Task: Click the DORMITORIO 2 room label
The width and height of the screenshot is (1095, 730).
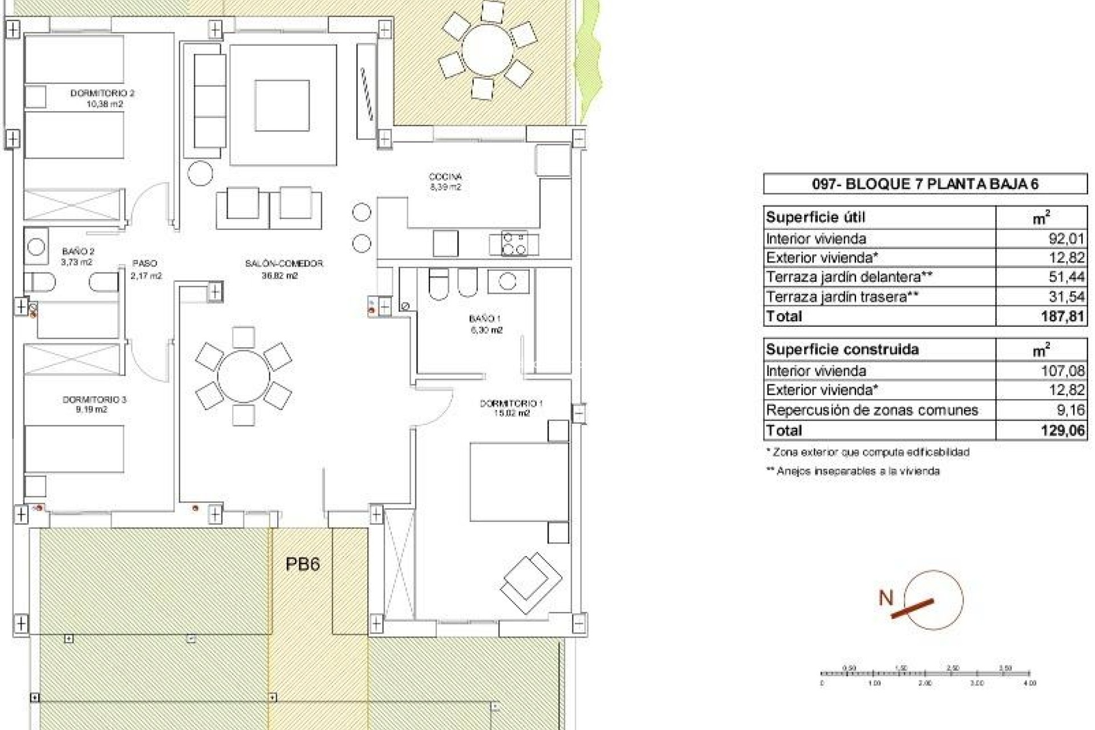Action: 103,93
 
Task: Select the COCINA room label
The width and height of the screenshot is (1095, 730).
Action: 445,177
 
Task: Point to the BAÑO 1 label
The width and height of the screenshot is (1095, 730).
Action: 485,319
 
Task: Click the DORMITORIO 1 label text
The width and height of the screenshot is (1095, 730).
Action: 511,403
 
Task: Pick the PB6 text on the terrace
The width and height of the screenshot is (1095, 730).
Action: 302,564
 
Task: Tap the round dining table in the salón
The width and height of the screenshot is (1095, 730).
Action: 244,376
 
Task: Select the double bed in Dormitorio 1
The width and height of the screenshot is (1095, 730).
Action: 519,482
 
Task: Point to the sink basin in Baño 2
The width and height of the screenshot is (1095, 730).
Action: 36,247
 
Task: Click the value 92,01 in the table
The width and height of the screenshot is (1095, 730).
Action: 1066,238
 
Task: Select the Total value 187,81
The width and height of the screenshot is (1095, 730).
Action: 1062,316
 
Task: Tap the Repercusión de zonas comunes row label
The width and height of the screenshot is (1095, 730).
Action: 871,410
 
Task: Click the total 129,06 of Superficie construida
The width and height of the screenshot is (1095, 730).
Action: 1062,430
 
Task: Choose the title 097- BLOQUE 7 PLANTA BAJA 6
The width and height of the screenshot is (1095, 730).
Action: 924,184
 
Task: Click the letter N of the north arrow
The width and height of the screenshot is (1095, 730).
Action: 886,598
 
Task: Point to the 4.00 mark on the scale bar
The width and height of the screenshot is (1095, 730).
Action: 1029,683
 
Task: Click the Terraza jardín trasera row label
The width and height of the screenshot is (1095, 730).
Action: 842,297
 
